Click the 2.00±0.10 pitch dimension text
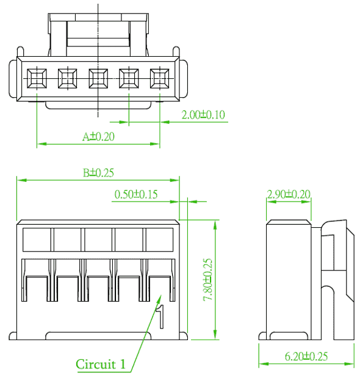(203, 115)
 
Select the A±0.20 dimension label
(98, 137)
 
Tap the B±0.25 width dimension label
(98, 173)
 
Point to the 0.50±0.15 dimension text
(136, 194)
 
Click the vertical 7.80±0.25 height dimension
(208, 280)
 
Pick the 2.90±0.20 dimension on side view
(289, 194)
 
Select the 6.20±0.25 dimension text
(306, 356)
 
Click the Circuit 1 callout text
(101, 364)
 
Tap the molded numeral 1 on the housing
(160, 316)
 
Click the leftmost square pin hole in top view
(37, 79)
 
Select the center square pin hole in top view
(98, 79)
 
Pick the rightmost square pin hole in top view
(160, 79)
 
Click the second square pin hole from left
(68, 79)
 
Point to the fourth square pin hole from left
(129, 79)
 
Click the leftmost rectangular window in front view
(37, 239)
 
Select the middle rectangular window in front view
(98, 239)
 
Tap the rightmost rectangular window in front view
(159, 239)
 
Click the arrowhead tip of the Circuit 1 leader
(161, 295)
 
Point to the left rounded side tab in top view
(13, 79)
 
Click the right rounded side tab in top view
(184, 79)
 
